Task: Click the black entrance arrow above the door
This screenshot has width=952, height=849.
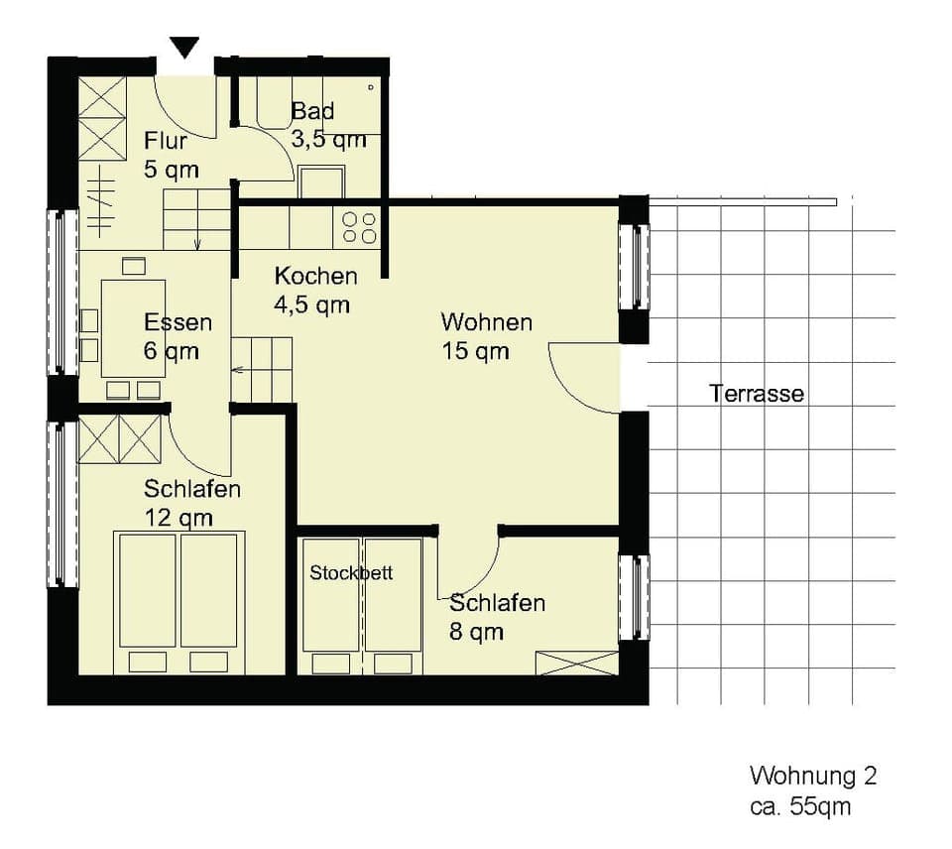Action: tap(184, 47)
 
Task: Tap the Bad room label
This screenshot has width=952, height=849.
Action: tap(312, 111)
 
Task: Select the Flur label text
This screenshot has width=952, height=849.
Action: tap(166, 140)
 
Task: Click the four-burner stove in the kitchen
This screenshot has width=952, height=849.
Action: tap(359, 227)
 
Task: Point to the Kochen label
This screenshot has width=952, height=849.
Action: tap(315, 276)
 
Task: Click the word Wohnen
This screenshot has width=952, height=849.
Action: tap(486, 322)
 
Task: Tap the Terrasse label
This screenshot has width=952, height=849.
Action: tap(757, 394)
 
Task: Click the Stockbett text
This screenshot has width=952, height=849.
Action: tap(351, 573)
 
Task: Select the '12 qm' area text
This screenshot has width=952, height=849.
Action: tap(178, 518)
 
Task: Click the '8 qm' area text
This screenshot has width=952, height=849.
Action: tap(476, 631)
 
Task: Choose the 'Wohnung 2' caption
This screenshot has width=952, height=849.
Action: tap(812, 776)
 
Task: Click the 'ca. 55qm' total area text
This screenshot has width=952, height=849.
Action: tap(799, 805)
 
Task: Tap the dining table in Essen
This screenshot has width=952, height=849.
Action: tap(133, 327)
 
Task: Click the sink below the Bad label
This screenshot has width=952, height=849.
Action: tap(321, 182)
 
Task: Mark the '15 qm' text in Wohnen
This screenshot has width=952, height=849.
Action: tap(476, 351)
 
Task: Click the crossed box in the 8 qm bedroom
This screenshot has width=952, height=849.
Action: tap(576, 664)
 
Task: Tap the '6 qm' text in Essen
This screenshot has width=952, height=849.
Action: tap(170, 350)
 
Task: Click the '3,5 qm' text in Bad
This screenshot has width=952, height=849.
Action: tap(328, 140)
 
